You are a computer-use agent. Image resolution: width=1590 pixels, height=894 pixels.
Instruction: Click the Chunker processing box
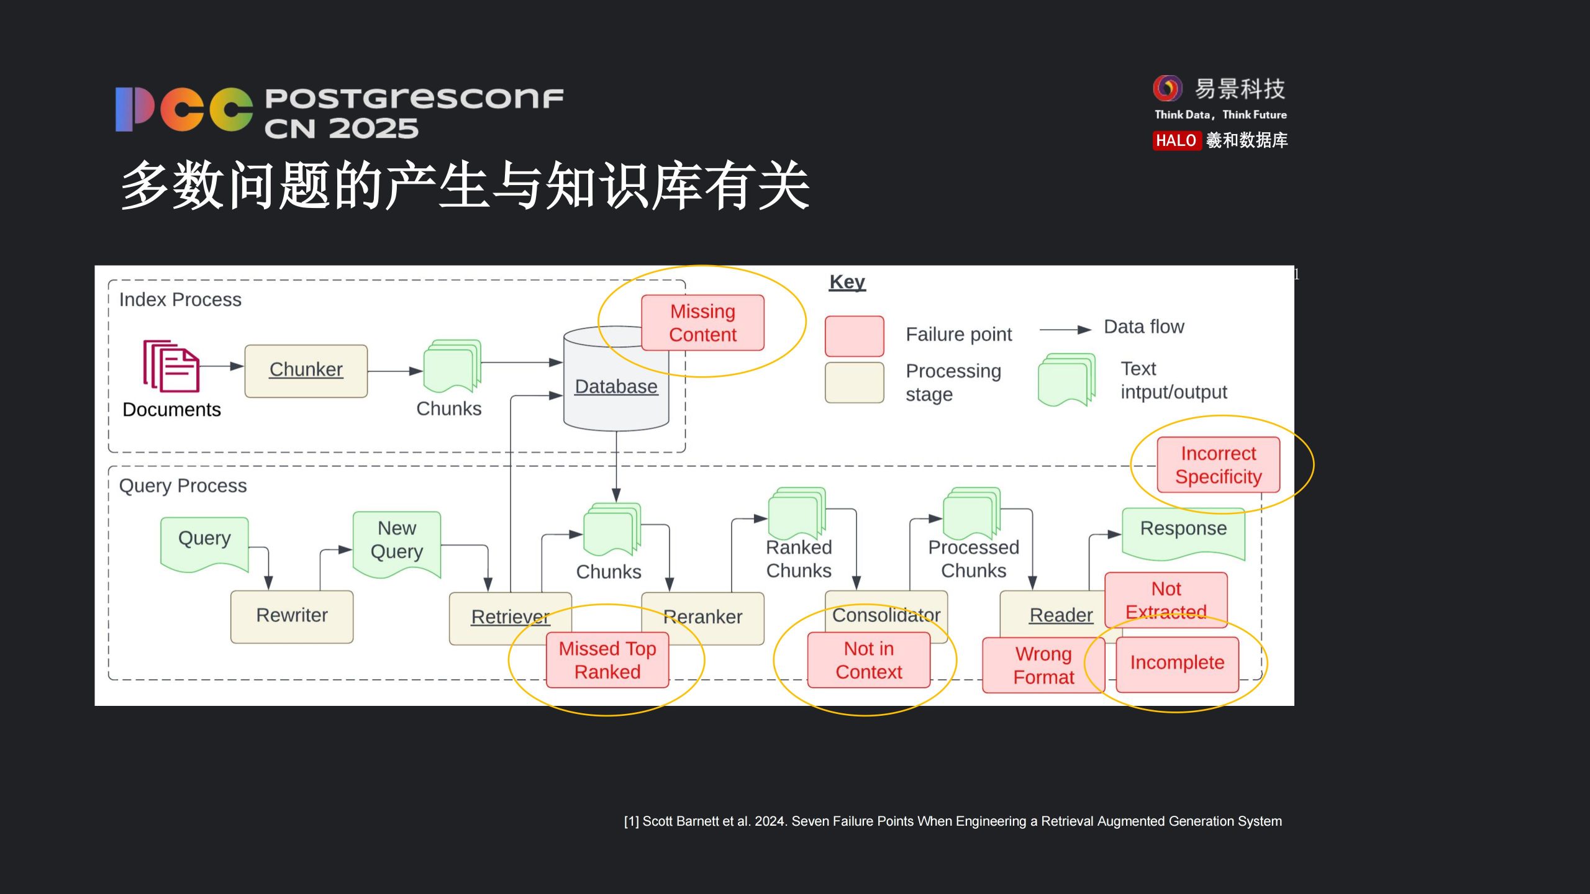coord(306,371)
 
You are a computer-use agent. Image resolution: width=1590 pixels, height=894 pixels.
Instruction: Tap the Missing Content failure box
coord(702,323)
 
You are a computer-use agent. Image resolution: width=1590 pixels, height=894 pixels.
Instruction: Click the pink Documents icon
coord(171,366)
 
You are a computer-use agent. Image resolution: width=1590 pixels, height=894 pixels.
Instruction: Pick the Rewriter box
coord(291,616)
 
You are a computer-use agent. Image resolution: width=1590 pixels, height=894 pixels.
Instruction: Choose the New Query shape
coord(397,540)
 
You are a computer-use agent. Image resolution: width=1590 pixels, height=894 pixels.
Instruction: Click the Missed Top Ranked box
coord(607,660)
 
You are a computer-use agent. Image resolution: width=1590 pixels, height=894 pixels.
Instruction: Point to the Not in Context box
coord(868,660)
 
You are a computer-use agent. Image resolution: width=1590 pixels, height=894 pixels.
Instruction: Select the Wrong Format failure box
coord(1043,665)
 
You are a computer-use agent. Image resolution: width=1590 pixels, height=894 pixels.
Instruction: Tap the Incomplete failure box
coord(1177,663)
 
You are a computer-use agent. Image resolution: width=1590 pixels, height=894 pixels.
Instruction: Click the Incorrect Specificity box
coord(1218,465)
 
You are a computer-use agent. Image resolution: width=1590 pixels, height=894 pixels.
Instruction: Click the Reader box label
coord(1061,615)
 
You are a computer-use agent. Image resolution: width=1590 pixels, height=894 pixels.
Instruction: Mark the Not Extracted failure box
coord(1166,599)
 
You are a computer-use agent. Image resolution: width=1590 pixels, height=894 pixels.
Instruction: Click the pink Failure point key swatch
coord(854,336)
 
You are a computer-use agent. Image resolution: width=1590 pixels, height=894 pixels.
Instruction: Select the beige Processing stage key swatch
coord(854,382)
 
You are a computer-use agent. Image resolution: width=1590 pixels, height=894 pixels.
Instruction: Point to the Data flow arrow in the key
coord(1065,330)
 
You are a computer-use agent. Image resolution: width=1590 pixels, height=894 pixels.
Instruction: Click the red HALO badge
coord(1176,141)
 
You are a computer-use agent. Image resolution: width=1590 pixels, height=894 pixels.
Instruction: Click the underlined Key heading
coord(847,282)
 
